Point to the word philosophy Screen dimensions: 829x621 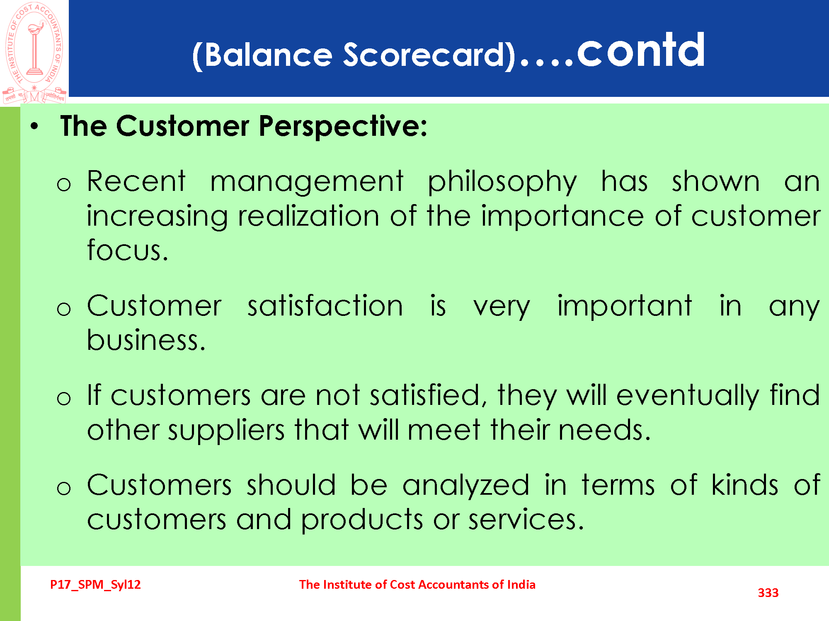[502, 183]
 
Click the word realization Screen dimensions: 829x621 [308, 216]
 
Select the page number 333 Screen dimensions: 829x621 [768, 593]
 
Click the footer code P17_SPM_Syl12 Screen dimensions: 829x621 [95, 585]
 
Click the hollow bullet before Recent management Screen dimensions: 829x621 [64, 184]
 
